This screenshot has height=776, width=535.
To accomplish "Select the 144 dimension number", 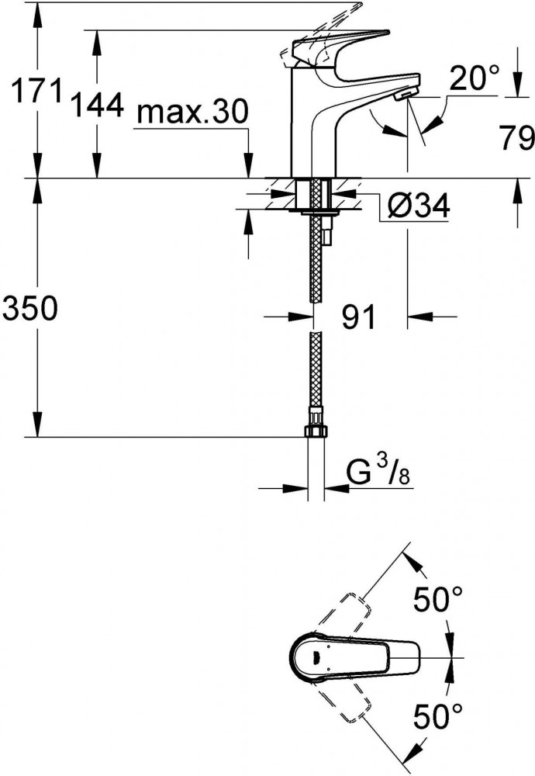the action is tap(98, 105).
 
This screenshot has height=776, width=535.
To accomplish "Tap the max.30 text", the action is tap(192, 112).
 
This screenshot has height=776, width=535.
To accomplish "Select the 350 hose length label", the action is tap(30, 308).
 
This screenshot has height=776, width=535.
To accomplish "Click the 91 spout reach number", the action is tap(359, 317).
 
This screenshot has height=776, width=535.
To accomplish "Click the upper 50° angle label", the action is tap(437, 599).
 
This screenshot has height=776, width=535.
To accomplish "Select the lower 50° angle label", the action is tap(437, 716).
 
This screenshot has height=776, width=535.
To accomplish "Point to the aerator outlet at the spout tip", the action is tap(405, 95).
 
